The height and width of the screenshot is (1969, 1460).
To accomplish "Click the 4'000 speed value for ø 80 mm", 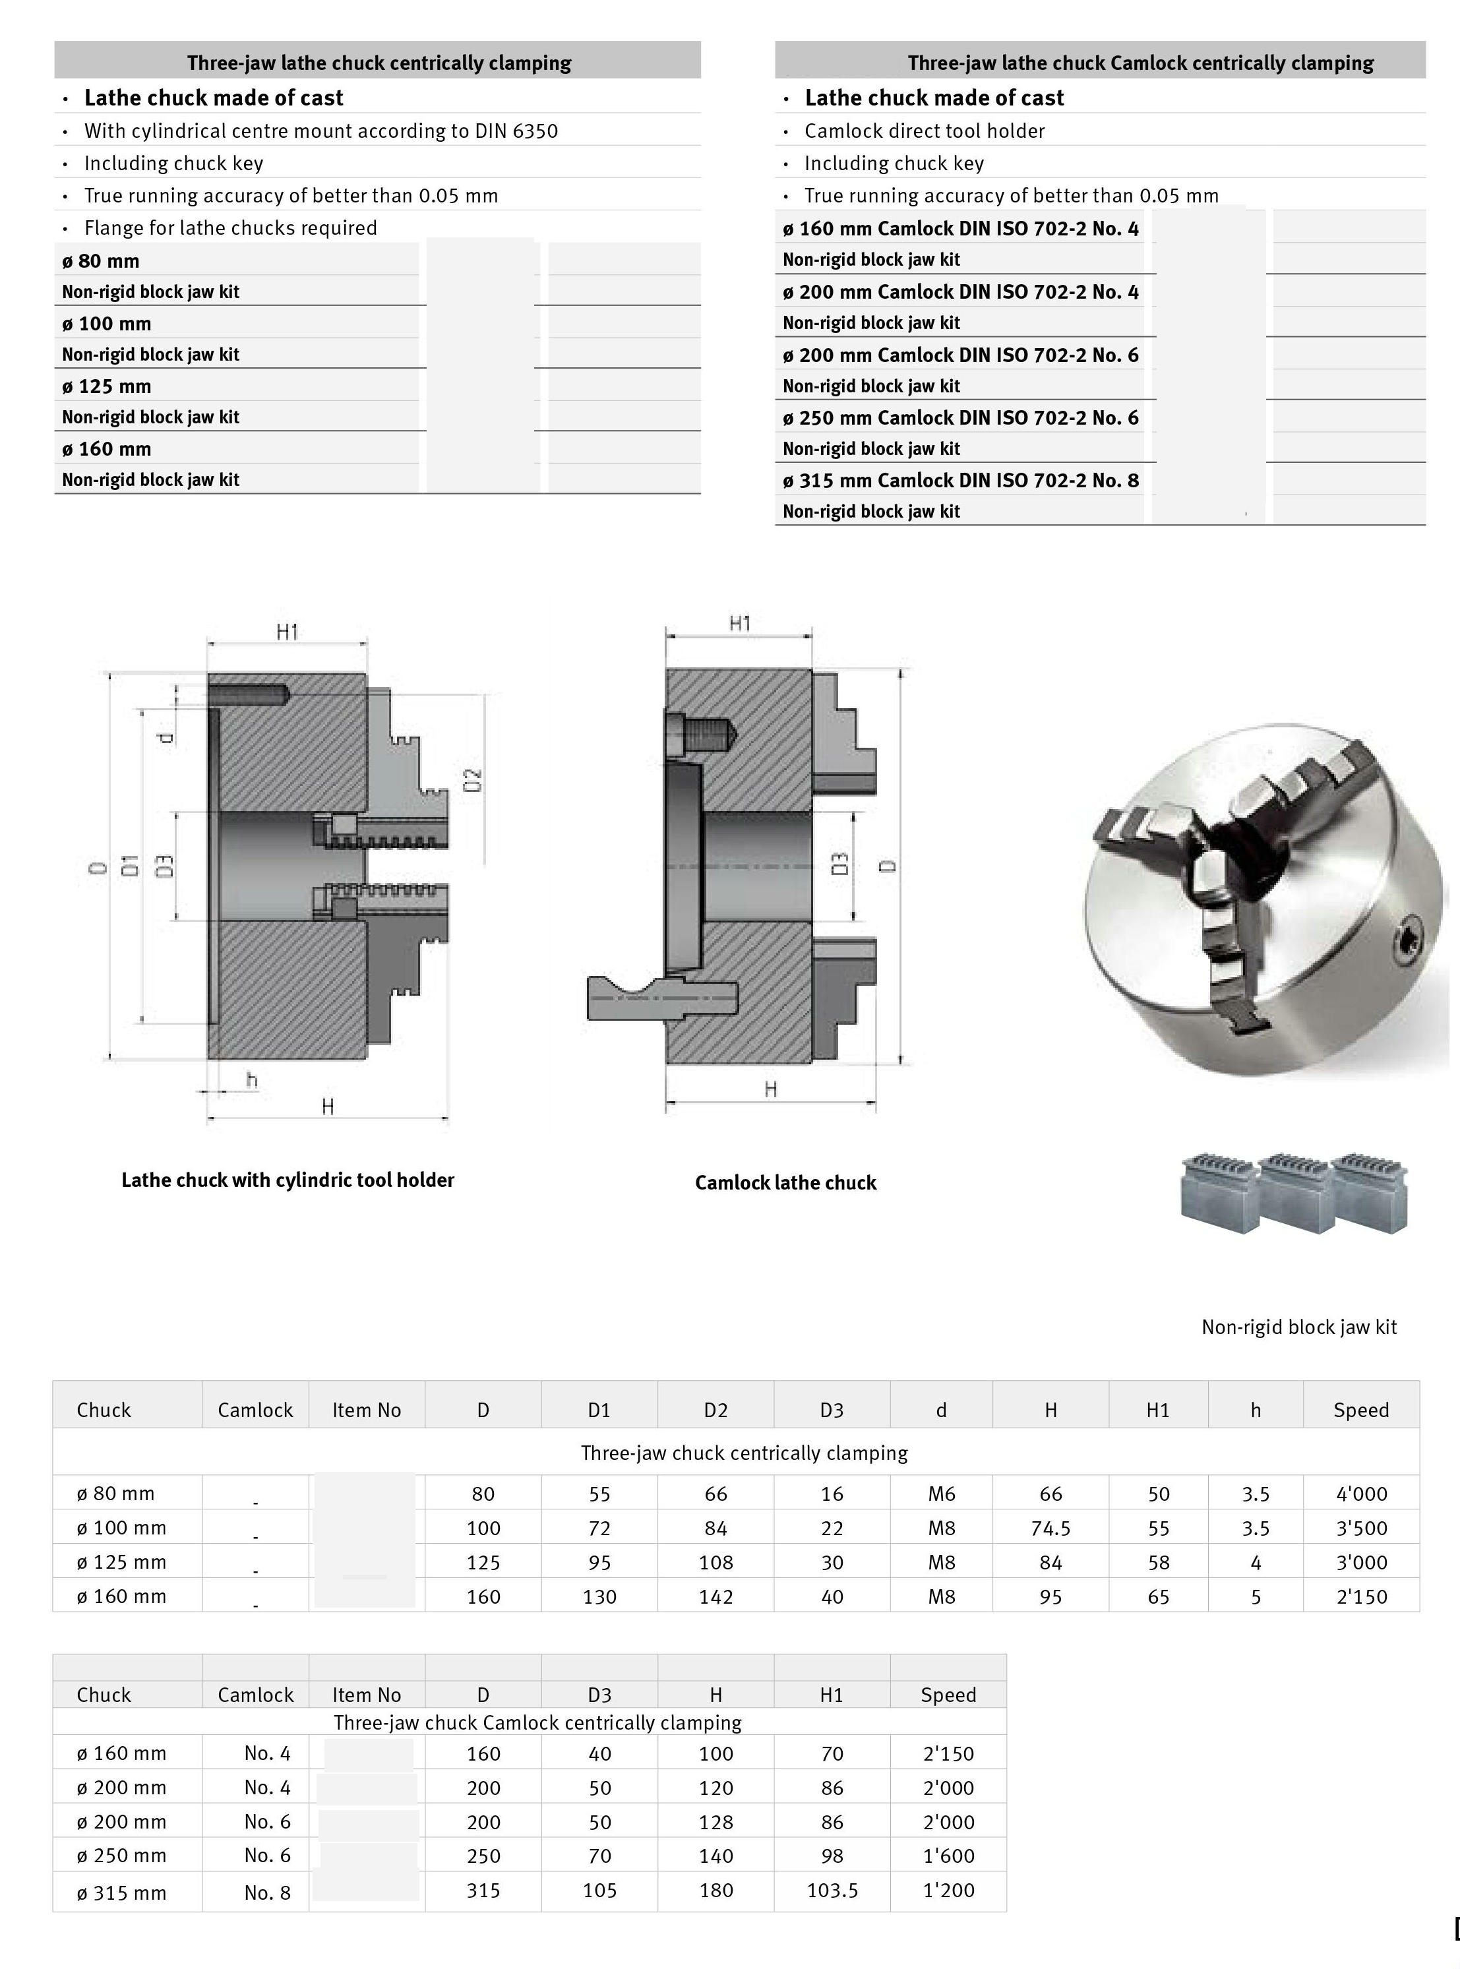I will pyautogui.click(x=1361, y=1494).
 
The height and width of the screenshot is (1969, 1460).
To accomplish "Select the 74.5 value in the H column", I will pyautogui.click(x=1050, y=1528).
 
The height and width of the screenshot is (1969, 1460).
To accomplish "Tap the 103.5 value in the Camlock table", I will pyautogui.click(x=832, y=1891).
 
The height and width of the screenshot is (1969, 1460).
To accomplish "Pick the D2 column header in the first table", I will pyautogui.click(x=715, y=1410).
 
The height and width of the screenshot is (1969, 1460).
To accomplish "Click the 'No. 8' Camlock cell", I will pyautogui.click(x=267, y=1892).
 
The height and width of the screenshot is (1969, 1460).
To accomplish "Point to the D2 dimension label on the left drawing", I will pyautogui.click(x=473, y=780).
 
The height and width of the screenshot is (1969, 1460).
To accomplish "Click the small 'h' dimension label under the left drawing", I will pyautogui.click(x=252, y=1080).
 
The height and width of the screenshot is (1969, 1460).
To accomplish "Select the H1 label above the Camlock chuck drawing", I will pyautogui.click(x=740, y=624).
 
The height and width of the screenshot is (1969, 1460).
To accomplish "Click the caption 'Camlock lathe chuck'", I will pyautogui.click(x=785, y=1182).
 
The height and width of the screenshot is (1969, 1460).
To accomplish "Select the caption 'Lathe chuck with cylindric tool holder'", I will pyautogui.click(x=288, y=1180).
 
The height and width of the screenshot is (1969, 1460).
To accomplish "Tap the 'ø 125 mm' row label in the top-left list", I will pyautogui.click(x=106, y=386).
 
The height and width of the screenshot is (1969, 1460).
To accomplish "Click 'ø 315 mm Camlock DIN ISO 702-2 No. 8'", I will pyautogui.click(x=961, y=481).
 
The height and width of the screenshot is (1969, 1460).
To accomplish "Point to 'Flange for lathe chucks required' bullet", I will pyautogui.click(x=229, y=228).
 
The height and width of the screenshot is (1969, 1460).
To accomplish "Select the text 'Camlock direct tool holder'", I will pyautogui.click(x=925, y=131).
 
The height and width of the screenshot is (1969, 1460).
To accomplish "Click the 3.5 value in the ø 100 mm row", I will pyautogui.click(x=1255, y=1528).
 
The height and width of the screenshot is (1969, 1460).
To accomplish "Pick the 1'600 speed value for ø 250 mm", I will pyautogui.click(x=948, y=1856).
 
